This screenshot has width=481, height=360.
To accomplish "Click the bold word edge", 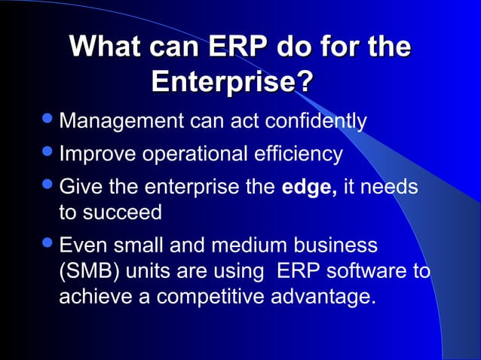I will coord(308,186).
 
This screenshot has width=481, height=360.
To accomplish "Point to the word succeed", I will coord(124,212).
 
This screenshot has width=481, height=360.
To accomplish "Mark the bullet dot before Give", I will coord(47,185).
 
